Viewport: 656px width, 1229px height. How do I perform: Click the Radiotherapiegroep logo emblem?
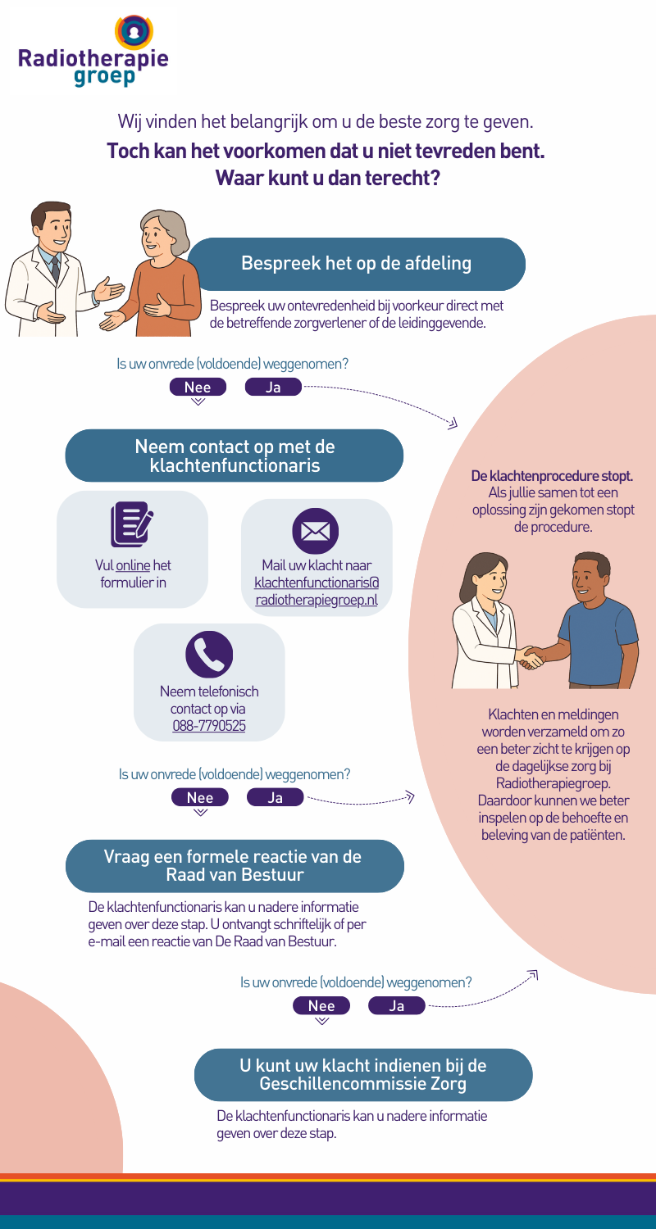click(134, 30)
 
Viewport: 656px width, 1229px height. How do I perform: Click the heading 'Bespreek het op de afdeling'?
click(356, 264)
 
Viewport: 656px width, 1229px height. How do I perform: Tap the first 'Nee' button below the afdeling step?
click(198, 388)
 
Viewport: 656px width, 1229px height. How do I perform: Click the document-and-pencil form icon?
click(132, 524)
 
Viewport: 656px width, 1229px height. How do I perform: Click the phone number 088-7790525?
click(208, 726)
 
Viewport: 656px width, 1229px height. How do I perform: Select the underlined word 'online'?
click(128, 565)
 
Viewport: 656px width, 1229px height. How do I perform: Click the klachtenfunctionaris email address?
click(317, 591)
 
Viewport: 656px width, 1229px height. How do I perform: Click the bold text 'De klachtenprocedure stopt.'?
click(552, 476)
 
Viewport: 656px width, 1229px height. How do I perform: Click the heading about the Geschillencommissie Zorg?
click(362, 1075)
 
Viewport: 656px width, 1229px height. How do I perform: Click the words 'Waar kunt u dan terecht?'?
click(327, 177)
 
